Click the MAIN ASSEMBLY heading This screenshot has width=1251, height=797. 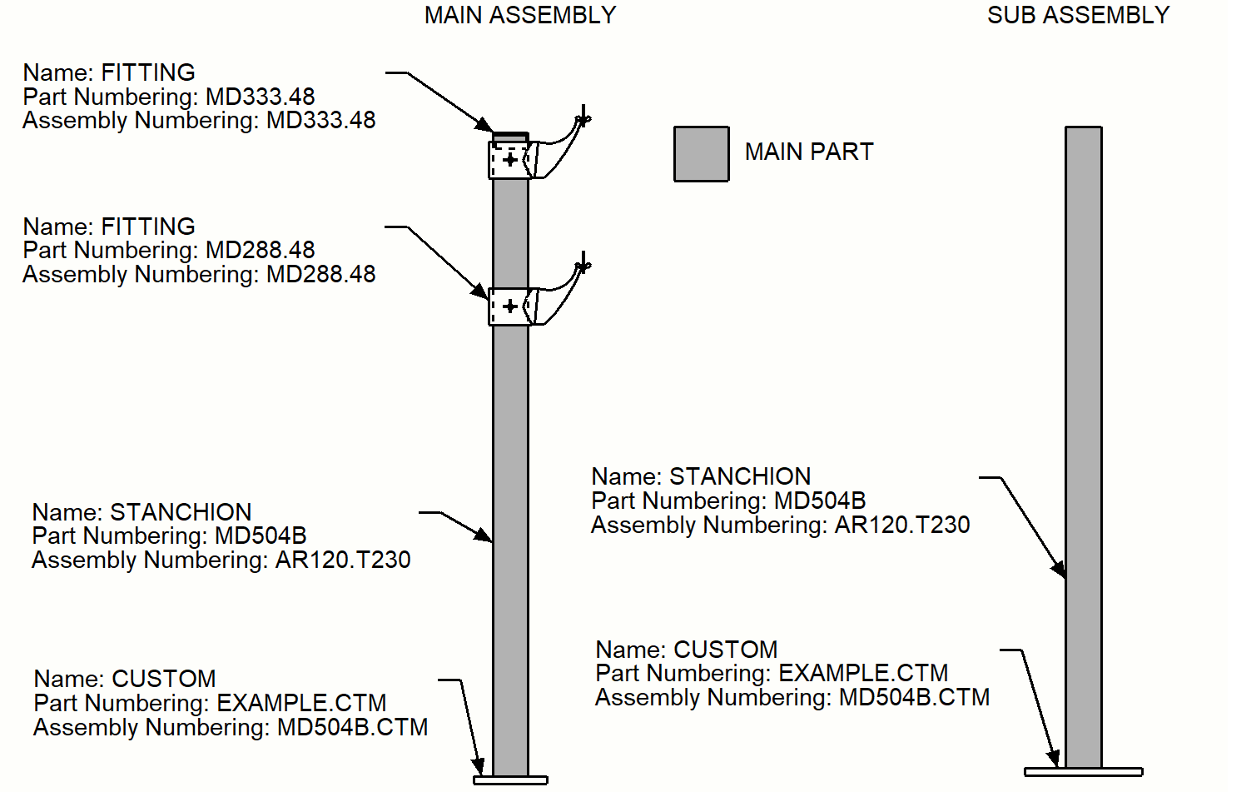tap(520, 15)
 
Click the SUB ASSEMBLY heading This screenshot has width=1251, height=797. tap(1078, 15)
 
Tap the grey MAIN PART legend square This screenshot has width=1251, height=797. tap(701, 154)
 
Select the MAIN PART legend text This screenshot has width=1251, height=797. tap(809, 152)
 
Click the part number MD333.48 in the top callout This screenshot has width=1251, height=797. tap(261, 97)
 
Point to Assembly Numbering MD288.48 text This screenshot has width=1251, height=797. tap(320, 274)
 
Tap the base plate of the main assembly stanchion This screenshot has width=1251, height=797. tap(510, 780)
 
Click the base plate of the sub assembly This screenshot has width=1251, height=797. tap(1083, 772)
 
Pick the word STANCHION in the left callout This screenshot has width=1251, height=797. tap(181, 512)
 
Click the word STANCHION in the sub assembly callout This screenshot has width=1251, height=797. tap(740, 476)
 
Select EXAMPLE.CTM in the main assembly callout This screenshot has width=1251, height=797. tap(301, 703)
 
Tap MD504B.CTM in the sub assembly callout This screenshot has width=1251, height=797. tap(914, 697)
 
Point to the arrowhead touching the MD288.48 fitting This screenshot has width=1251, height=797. tap(480, 291)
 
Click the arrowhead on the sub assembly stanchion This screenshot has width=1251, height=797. tap(1059, 569)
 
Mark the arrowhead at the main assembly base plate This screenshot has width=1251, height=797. tap(479, 765)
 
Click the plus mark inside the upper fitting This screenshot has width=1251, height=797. tap(510, 159)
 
